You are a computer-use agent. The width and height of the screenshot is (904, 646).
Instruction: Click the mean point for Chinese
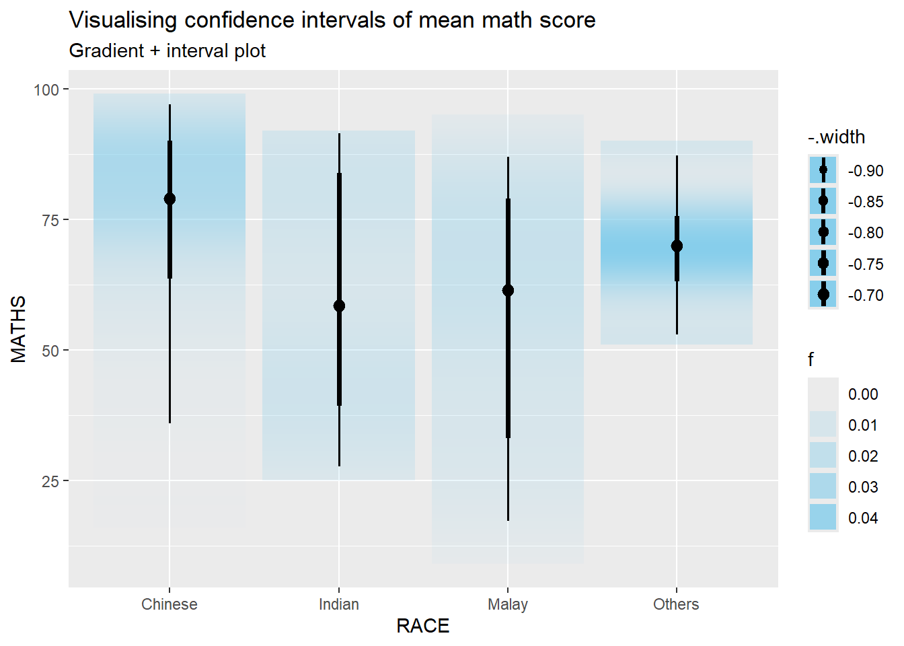click(x=169, y=199)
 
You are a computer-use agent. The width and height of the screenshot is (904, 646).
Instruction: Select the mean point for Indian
click(x=339, y=306)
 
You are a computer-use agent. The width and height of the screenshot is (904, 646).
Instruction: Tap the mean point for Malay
click(x=508, y=290)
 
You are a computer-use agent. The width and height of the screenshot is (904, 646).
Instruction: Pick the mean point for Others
click(x=677, y=246)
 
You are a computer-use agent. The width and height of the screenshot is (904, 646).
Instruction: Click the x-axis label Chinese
click(x=169, y=604)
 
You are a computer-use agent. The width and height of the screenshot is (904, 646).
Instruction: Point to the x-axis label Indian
click(x=339, y=604)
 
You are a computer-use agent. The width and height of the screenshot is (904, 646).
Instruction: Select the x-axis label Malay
click(x=508, y=604)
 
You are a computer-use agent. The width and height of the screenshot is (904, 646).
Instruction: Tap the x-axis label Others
click(x=676, y=604)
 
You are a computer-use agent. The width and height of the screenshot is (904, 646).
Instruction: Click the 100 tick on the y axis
click(x=46, y=89)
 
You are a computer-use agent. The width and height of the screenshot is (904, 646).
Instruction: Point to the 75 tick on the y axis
click(x=50, y=220)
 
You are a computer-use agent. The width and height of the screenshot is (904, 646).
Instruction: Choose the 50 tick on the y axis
click(x=50, y=351)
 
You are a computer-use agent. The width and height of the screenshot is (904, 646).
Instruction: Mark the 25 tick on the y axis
click(x=50, y=481)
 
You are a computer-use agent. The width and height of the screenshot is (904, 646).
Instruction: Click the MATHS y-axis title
click(x=19, y=329)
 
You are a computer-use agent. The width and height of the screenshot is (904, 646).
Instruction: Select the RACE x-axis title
click(x=423, y=626)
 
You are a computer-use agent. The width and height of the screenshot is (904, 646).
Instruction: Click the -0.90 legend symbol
click(x=823, y=170)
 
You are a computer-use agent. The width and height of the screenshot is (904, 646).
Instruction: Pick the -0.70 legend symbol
click(x=823, y=295)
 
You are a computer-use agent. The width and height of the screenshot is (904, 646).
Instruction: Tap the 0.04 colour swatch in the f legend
click(x=823, y=517)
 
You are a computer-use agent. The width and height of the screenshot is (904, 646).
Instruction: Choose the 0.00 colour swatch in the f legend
click(x=823, y=394)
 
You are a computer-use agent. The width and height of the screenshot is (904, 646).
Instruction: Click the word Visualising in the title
click(x=124, y=20)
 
